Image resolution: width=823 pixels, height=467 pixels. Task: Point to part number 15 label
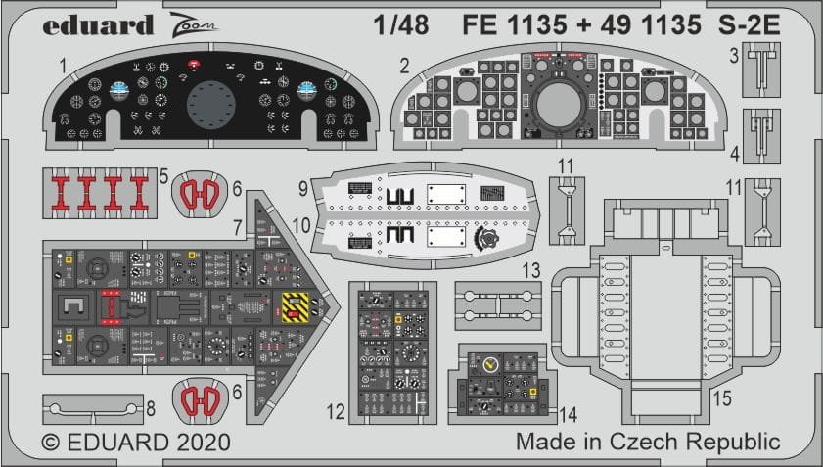tap(722, 398)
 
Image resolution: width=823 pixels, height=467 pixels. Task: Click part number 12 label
tap(335, 413)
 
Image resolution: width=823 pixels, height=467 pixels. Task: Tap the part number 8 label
tap(150, 406)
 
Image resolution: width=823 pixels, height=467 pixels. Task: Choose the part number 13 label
tap(530, 269)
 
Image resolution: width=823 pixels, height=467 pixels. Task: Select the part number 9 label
tap(303, 187)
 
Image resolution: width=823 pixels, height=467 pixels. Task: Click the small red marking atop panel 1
tap(194, 64)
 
